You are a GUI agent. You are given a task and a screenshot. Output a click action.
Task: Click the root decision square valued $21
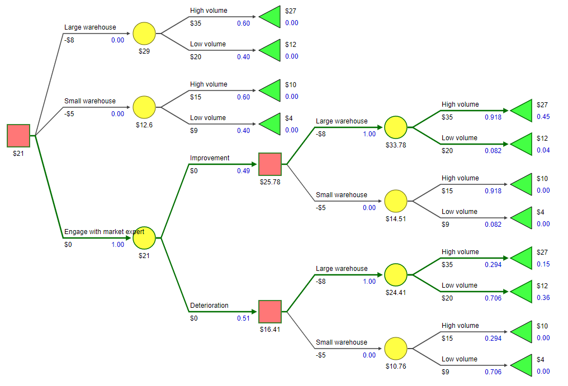[x=18, y=135]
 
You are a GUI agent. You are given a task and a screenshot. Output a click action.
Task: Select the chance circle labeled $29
[x=144, y=34]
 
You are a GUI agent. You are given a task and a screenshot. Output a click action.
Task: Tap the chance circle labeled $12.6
[x=144, y=107]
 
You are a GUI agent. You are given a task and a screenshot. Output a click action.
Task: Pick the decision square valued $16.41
[x=270, y=312]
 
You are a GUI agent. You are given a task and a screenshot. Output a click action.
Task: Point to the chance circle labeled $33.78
[x=396, y=127]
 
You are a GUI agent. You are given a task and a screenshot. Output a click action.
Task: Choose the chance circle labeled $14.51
[x=396, y=201]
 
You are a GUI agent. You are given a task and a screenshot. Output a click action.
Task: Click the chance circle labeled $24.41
[x=396, y=275]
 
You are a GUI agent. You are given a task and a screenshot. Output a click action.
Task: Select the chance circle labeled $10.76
[x=396, y=349]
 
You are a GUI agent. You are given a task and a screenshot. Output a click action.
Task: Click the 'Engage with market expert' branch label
[x=104, y=232]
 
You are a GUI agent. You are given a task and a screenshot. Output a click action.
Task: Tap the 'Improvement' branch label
[x=210, y=158]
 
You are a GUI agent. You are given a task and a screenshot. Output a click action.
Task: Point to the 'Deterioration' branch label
[x=209, y=306]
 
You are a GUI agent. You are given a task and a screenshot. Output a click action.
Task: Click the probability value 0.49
[x=243, y=171]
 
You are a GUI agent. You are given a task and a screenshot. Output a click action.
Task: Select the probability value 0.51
[x=243, y=318]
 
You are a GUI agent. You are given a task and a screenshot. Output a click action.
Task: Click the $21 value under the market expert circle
[x=144, y=255]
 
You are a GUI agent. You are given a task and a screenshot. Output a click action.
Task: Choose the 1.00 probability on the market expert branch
[x=117, y=245]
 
